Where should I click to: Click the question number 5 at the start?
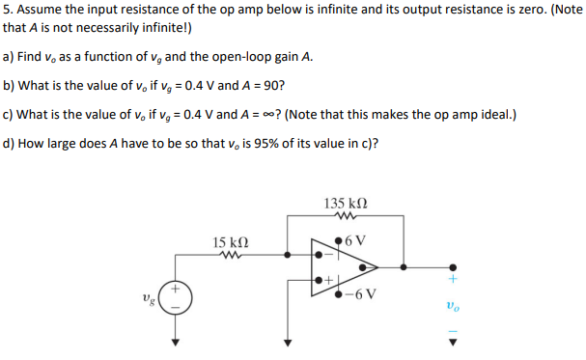[9, 13]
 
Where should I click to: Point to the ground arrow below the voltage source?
[176, 342]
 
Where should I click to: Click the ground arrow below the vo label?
[450, 341]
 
